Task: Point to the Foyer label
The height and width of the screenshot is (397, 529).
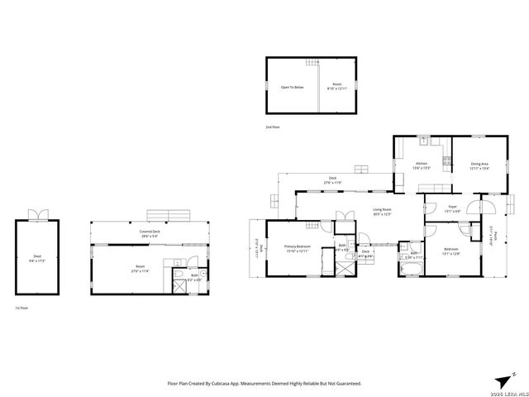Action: (453, 208)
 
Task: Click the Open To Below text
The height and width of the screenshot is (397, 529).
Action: (291, 86)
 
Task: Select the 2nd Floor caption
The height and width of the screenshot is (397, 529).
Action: (273, 127)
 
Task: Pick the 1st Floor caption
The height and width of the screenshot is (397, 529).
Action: (22, 308)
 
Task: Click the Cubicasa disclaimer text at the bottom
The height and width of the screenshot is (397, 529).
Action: (264, 383)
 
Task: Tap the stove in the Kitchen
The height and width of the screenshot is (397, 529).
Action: (446, 160)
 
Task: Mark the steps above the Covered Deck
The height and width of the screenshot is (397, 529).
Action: (170, 216)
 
